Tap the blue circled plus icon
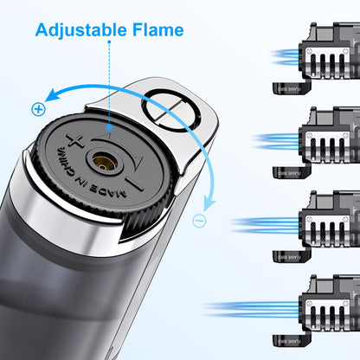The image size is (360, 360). tap(38, 109)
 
